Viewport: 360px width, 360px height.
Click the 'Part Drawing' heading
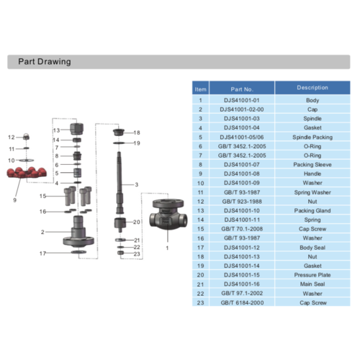tap(45, 62)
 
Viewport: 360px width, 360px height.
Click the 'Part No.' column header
tap(242, 88)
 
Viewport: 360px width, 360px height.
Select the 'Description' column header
tap(312, 88)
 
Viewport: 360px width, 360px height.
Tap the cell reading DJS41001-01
tap(242, 100)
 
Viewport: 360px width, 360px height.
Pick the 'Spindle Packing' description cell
tap(312, 136)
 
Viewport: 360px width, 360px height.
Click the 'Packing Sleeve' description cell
tap(312, 163)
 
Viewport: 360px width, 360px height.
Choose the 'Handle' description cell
tap(312, 173)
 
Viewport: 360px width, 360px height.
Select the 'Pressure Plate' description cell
tap(312, 274)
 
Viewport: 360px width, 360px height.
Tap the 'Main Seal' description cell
tap(312, 284)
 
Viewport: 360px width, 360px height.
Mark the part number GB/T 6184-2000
tap(242, 302)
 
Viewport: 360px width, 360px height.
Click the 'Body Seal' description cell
tap(312, 247)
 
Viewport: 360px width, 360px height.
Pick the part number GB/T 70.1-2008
tap(242, 228)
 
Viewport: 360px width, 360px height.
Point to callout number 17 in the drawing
tap(42, 253)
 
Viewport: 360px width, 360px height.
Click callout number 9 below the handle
tap(14, 200)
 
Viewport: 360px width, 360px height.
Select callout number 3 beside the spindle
tap(135, 185)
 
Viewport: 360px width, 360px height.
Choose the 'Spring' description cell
tap(312, 219)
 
